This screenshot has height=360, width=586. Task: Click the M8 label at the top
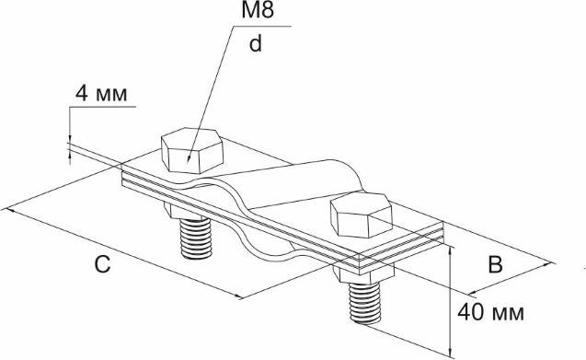point(258,10)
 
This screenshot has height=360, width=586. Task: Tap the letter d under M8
point(256,44)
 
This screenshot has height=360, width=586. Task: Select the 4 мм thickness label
point(101,93)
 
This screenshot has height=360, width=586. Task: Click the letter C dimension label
point(102,264)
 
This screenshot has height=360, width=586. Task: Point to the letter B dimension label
point(496,264)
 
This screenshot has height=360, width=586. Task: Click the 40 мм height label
point(491,312)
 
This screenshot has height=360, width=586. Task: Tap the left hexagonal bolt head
point(192,150)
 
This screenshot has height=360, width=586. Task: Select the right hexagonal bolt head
point(362,215)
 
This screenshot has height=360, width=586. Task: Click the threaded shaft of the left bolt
point(196,238)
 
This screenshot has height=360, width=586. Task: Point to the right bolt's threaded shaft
point(364,303)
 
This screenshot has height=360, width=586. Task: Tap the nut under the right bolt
point(363,274)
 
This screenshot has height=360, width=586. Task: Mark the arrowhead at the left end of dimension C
point(7,210)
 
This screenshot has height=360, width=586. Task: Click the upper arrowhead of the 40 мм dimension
point(451,250)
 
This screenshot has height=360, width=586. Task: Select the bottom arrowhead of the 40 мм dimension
point(451,352)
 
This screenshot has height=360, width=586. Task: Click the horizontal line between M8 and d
point(261,26)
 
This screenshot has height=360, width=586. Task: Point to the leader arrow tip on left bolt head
point(189,160)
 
